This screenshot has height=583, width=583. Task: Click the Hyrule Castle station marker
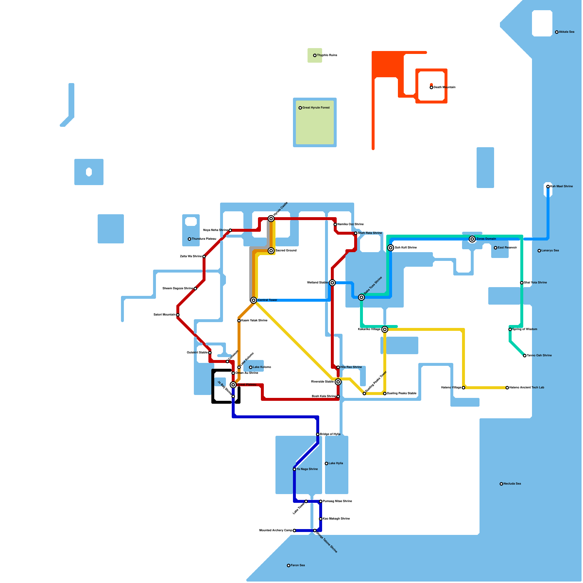click(271, 219)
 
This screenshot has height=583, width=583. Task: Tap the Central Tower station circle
click(254, 300)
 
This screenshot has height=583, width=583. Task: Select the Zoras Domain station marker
click(472, 239)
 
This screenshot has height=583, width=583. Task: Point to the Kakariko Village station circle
click(385, 329)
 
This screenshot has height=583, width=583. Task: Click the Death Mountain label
click(445, 87)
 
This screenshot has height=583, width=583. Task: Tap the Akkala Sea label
click(567, 32)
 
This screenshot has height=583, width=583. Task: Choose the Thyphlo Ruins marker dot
click(315, 55)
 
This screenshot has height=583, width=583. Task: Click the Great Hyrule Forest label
click(316, 108)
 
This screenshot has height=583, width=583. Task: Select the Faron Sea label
click(298, 566)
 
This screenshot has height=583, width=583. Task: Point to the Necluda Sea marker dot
click(501, 484)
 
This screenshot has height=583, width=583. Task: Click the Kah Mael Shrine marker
click(548, 187)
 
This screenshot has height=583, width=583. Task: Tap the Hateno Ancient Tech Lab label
click(527, 388)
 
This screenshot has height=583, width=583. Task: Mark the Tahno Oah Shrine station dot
click(525, 356)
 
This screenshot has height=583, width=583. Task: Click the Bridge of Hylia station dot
click(318, 434)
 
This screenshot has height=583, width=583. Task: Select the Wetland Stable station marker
click(332, 283)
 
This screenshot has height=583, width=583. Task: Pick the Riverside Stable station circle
click(338, 382)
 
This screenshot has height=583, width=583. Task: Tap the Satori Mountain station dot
click(178, 315)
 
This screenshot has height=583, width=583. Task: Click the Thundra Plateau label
click(204, 239)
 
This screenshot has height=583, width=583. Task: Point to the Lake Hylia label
click(336, 463)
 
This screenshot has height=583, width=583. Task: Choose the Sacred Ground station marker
click(271, 251)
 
